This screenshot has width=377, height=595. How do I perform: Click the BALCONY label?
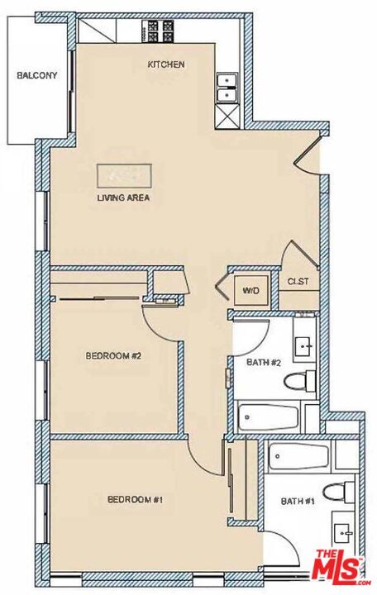coord(37,76)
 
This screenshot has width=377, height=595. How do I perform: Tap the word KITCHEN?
coord(165,64)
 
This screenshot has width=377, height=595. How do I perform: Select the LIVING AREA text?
coord(122,198)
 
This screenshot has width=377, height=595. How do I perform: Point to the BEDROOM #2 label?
coord(115,356)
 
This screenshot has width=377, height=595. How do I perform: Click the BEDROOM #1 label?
coord(134,499)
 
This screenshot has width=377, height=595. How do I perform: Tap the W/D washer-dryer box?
coord(248,291)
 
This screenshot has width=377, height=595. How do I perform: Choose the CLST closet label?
coord(298,282)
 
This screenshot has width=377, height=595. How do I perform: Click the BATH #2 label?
coord(265,362)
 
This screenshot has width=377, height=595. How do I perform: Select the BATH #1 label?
coord(297,501)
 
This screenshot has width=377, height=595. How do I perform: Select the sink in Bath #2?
coord(304,345)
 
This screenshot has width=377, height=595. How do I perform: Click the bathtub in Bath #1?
coord(299,456)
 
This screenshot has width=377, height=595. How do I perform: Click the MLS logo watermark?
coord(339,565)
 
